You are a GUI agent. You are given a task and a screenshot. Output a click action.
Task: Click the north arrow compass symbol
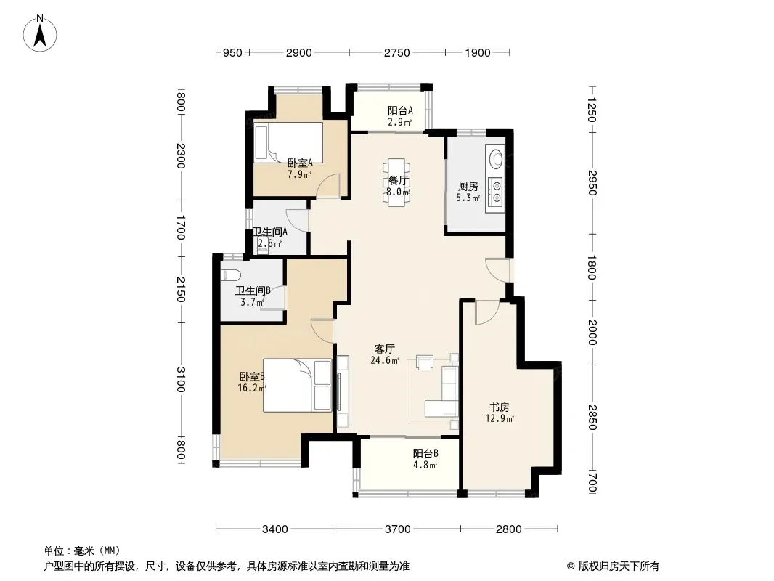coord(40,33)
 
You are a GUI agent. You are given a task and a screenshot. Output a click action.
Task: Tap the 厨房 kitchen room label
coord(468,186)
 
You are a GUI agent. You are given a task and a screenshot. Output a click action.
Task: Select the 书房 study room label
coord(499,407)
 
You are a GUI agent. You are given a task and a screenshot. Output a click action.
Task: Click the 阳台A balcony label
coord(400,110)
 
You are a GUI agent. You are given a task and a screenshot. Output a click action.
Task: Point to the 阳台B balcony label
coord(425,453)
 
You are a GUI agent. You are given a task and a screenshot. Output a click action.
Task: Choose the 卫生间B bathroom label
coord(253,290)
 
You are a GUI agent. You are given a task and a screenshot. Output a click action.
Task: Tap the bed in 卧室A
coord(288,142)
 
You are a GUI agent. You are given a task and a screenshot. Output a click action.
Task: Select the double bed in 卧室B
coord(298,385)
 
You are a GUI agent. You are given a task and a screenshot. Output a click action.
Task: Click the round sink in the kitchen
coord(495,159)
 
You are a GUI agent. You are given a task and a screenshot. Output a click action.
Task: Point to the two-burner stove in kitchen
coord(496,192)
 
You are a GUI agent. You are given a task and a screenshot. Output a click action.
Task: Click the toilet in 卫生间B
coord(230,275)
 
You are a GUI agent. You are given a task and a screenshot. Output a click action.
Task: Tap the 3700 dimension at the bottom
coord(397,529)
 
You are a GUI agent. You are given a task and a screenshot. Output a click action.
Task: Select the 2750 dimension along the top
coord(397,53)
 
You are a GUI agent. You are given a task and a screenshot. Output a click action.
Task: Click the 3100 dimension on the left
coord(180,379)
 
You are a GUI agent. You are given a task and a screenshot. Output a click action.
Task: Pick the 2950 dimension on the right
coord(592,182)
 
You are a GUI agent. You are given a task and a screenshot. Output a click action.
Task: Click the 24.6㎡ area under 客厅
coord(385,360)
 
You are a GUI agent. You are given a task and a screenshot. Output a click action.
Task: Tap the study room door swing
coord(486,312)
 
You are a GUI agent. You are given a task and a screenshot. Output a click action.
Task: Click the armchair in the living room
coord(425,362)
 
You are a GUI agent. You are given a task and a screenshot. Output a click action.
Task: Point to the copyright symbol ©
coord(571,566)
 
